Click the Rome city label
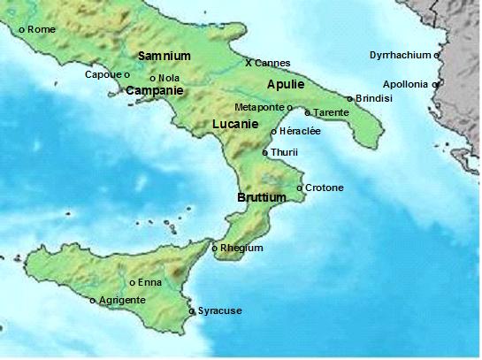(42, 29)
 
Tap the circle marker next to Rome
(22, 30)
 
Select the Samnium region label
(164, 56)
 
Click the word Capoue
(103, 74)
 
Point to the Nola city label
(169, 78)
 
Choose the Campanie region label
(155, 90)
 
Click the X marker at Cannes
(249, 63)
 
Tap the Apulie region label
(285, 84)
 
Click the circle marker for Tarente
(307, 113)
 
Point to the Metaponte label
(260, 107)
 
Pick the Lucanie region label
(236, 125)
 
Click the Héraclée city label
(300, 132)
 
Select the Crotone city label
(325, 188)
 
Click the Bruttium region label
(262, 198)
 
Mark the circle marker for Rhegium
(215, 249)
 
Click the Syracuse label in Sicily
(219, 310)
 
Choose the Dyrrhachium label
(401, 56)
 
